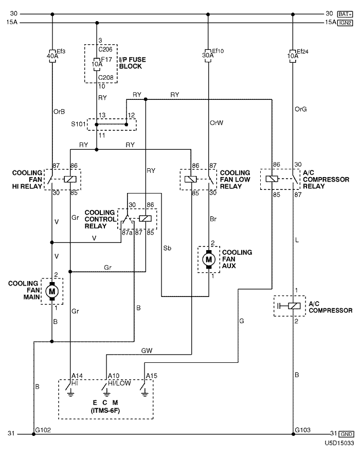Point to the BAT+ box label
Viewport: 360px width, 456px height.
coord(345,13)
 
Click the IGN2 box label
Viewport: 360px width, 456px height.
coord(345,23)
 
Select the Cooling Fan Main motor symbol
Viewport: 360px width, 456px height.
coord(52,291)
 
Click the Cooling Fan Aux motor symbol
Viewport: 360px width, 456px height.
coord(209,260)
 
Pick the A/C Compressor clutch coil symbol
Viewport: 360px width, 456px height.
coord(292,306)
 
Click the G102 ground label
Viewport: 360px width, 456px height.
coord(43,429)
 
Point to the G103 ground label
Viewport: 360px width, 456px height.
coord(302,429)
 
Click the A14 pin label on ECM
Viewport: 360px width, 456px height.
coord(77,376)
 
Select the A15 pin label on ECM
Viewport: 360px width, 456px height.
coord(151,376)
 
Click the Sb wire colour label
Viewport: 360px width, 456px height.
coord(168,248)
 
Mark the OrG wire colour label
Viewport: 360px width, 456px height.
coord(301,109)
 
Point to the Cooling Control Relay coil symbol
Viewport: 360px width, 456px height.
coord(145,218)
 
